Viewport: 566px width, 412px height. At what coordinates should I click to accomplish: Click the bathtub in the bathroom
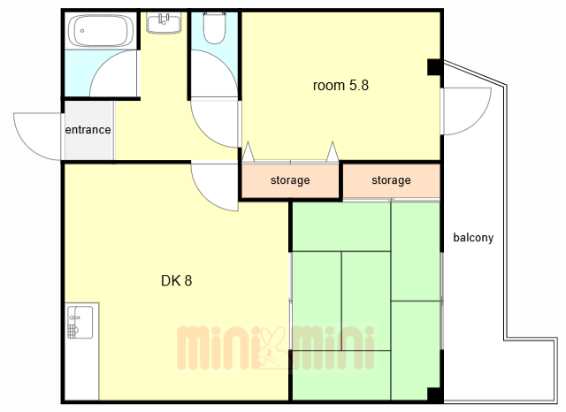[x=101, y=31]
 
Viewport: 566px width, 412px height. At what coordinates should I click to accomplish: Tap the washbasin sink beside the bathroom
[x=164, y=22]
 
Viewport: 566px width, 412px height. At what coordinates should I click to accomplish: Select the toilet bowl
[x=214, y=28]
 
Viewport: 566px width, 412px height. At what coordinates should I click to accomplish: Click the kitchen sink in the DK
[x=80, y=322]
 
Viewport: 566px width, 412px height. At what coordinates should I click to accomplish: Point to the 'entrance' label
[x=88, y=129]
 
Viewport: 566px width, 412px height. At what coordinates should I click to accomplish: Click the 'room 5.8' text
[x=340, y=86]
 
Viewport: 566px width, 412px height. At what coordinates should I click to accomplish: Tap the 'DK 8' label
[x=177, y=280]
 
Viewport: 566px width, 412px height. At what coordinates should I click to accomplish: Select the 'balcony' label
[x=473, y=238]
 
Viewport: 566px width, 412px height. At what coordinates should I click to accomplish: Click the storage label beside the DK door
[x=290, y=180]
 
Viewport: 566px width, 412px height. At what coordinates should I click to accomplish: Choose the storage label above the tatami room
[x=391, y=180]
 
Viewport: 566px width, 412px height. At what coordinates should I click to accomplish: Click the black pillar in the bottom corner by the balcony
[x=435, y=395]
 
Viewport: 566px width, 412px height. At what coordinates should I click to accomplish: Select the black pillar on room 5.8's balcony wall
[x=434, y=67]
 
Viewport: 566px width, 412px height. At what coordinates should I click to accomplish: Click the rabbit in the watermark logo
[x=272, y=347]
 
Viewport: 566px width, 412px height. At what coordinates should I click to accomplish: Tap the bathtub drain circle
[x=82, y=31]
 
